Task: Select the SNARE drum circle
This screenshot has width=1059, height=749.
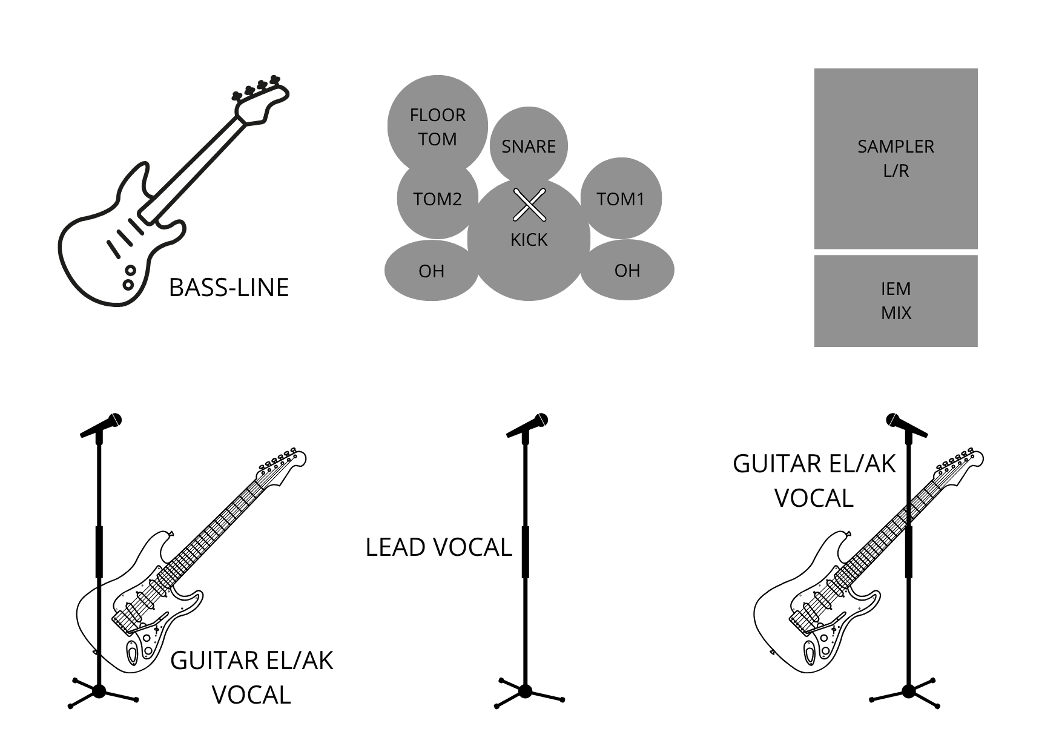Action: (x=528, y=145)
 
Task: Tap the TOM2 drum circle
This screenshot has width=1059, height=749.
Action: (x=437, y=200)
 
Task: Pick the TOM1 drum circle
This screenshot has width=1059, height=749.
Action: (x=621, y=199)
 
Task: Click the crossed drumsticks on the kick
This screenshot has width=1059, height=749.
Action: (x=529, y=205)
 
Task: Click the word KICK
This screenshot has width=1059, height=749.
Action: (x=529, y=240)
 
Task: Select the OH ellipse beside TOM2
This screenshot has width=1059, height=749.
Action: (x=431, y=271)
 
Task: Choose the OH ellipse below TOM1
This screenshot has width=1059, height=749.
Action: (x=627, y=270)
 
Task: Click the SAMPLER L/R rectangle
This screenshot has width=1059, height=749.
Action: (x=896, y=158)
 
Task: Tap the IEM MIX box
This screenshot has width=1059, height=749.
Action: (x=896, y=300)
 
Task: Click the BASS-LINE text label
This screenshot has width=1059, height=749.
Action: (x=229, y=288)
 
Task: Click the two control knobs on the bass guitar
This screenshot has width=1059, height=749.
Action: (x=129, y=277)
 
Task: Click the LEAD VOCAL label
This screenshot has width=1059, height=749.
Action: (x=438, y=547)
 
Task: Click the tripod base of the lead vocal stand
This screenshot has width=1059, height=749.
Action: (x=525, y=691)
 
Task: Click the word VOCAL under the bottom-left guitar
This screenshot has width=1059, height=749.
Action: (x=251, y=695)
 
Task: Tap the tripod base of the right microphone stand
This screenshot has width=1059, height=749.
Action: (x=908, y=691)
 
